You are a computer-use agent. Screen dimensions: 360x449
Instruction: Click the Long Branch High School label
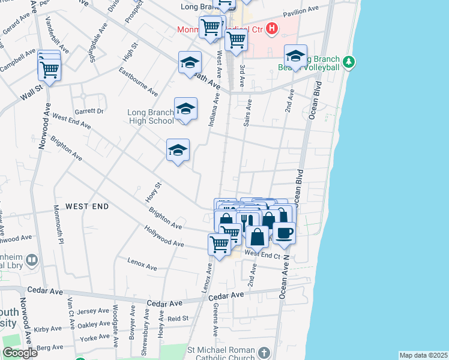[x=151, y=116]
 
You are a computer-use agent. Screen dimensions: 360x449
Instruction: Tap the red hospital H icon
[x=273, y=28]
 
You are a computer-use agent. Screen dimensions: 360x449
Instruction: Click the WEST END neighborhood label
[x=87, y=206]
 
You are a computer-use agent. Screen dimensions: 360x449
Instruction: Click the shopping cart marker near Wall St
[x=49, y=70]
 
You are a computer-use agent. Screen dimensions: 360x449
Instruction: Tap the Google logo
[x=20, y=353]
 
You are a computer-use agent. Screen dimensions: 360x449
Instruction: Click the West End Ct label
[x=262, y=255]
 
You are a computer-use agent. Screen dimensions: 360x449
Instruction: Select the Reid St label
[x=178, y=319]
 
